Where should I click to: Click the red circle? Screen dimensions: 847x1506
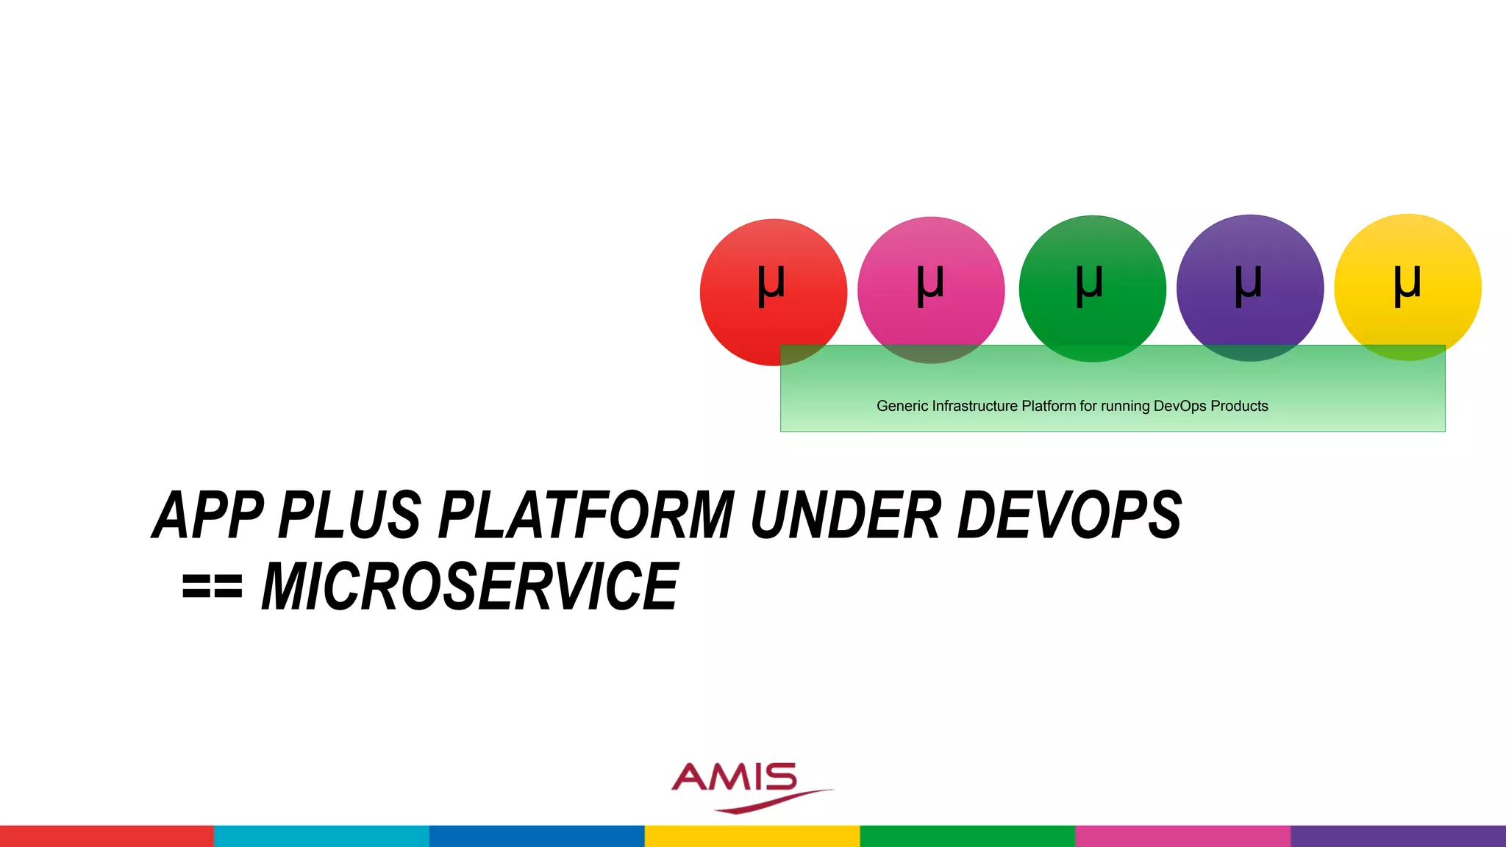click(x=773, y=292)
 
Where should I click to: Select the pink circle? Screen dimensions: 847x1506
click(x=931, y=290)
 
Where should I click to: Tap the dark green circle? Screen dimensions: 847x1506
click(x=1092, y=288)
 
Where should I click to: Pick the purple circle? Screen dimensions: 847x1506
click(x=1250, y=287)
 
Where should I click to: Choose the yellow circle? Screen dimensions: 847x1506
click(x=1407, y=287)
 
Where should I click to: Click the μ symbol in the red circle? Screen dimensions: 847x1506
click(x=771, y=285)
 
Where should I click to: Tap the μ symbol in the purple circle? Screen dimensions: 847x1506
click(x=1249, y=285)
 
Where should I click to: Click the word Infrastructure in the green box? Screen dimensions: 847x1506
click(x=975, y=406)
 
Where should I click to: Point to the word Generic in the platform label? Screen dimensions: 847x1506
click(x=902, y=406)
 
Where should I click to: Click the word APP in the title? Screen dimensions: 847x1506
click(x=208, y=515)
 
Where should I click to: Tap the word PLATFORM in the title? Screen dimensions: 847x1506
click(x=586, y=515)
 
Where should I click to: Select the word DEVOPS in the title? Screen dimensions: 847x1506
click(x=1069, y=515)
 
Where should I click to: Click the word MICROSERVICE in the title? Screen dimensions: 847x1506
click(x=471, y=586)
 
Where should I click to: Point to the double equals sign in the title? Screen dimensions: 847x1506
click(x=212, y=587)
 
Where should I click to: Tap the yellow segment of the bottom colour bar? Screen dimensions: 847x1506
click(x=752, y=836)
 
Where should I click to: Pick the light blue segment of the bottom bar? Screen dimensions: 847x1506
click(x=322, y=836)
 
